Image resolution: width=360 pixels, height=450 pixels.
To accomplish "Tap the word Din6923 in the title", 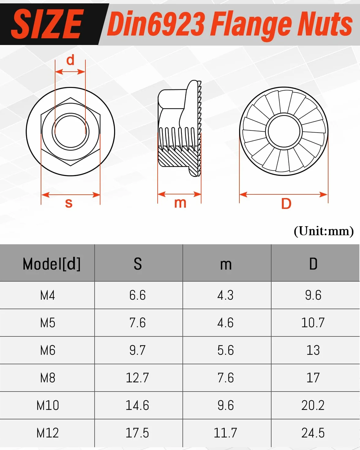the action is pyautogui.click(x=156, y=24).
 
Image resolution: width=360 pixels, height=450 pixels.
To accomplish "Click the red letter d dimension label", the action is pyautogui.click(x=70, y=60).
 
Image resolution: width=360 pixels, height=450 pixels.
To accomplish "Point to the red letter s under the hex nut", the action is pyautogui.click(x=69, y=203).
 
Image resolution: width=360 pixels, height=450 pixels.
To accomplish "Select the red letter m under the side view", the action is pyautogui.click(x=180, y=203).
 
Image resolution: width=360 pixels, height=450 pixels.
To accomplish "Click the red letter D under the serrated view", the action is pyautogui.click(x=286, y=204).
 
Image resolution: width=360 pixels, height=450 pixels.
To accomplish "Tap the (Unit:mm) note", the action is pyautogui.click(x=324, y=231).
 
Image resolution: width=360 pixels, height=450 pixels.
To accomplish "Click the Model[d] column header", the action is pyautogui.click(x=51, y=264).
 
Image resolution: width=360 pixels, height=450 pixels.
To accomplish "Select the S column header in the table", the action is pyautogui.click(x=138, y=264).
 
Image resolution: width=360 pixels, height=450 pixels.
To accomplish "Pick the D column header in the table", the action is pyautogui.click(x=313, y=264).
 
